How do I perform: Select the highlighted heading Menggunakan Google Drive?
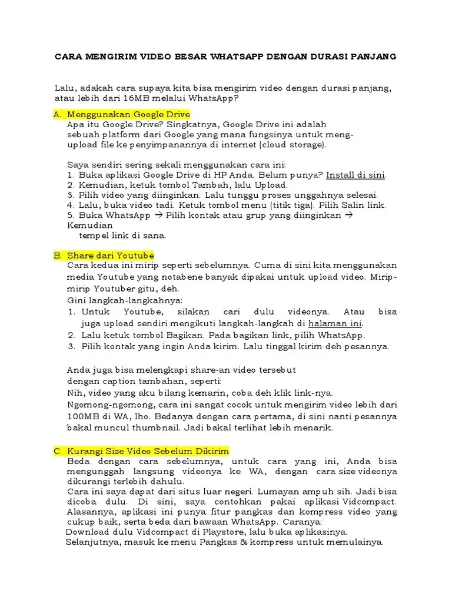coord(128,114)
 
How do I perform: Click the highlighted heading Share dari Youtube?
coord(111,256)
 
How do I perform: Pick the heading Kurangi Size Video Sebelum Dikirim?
coord(148,450)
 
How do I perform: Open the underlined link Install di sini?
coord(356,175)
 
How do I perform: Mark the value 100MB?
coord(82,416)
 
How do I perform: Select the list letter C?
coord(58,450)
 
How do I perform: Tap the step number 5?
coord(70,216)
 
